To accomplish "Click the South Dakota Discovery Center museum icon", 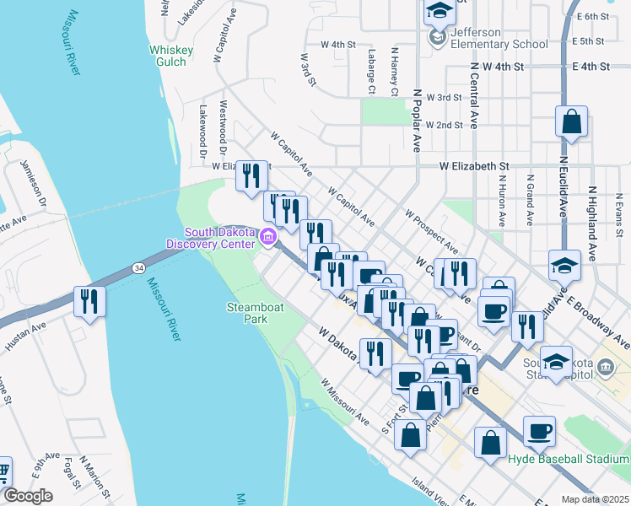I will coord(268,238).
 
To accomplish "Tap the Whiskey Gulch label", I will coord(171,56).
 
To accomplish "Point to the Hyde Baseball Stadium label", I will coord(569,459).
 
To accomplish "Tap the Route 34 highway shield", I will coord(138,267).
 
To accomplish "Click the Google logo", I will coord(27,496).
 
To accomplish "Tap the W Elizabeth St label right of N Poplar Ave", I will coord(474,167).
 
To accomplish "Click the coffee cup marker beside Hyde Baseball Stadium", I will coord(539,431).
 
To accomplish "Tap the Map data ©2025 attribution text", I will coord(595,499).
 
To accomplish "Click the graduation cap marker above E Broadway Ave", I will coord(564,265).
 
